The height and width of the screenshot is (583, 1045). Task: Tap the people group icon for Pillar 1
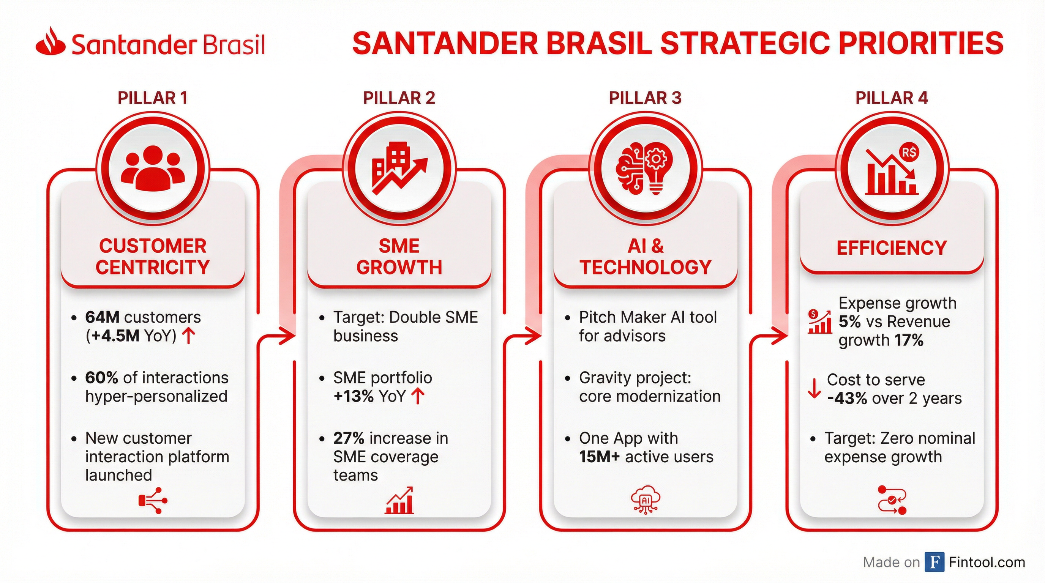(153, 168)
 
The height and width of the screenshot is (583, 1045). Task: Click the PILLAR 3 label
(645, 98)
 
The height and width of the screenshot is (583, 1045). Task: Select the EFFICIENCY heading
(892, 248)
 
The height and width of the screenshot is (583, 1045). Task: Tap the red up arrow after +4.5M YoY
(188, 336)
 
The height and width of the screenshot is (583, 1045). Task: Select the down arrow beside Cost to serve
(814, 388)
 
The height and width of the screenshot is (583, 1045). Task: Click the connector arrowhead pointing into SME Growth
(288, 336)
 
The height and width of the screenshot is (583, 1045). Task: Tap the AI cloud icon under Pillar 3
(646, 500)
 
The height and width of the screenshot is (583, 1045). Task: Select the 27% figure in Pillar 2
(349, 438)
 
